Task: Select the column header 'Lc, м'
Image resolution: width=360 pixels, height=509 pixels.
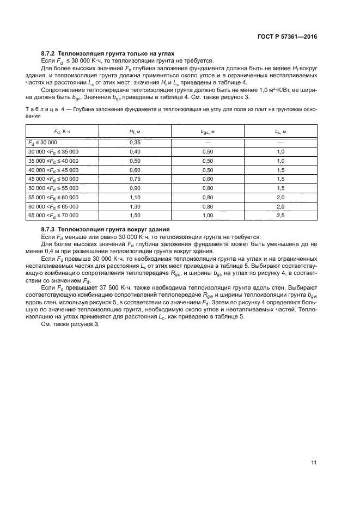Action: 281,131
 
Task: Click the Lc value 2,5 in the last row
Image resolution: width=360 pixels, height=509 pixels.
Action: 281,216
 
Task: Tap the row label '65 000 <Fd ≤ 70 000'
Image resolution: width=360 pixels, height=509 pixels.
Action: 53,216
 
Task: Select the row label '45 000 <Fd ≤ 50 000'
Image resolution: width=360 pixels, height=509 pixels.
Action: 53,179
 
